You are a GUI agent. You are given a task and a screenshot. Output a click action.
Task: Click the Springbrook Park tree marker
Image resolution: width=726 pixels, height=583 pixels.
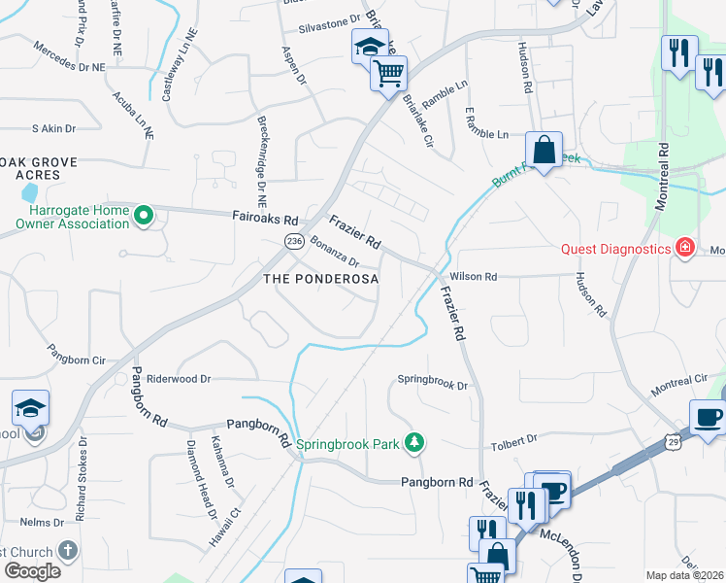point(415,443)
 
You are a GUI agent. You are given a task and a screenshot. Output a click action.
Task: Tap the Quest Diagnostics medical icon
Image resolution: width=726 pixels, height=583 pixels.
point(685,248)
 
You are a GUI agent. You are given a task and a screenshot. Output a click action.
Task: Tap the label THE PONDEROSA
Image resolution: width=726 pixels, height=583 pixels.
point(320,279)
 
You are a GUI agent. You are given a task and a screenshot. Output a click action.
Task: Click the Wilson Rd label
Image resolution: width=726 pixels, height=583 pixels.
point(474,277)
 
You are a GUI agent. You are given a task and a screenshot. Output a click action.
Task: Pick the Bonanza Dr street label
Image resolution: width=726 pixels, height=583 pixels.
point(335,254)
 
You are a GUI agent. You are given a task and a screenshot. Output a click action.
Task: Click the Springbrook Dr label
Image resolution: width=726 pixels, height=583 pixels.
point(433,383)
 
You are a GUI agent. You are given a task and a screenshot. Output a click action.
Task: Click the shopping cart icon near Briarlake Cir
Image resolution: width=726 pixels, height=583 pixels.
point(389,73)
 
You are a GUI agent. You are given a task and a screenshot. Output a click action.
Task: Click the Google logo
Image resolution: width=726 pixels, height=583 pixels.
point(31,571)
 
